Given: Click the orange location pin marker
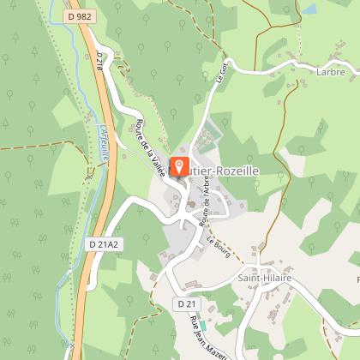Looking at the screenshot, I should coord(181,166).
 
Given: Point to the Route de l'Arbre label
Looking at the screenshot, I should coord(206,209).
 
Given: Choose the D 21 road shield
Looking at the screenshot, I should coord(188,303).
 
